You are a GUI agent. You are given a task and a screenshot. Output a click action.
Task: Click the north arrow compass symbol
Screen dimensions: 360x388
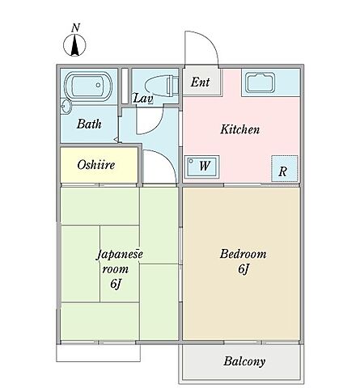click(74, 45)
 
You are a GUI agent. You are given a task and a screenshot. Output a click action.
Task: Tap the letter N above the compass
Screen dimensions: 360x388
click(76, 28)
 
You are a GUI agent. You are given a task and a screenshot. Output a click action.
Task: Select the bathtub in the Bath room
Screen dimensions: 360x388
click(88, 86)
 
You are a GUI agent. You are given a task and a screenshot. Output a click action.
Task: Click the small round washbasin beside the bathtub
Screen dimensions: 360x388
click(66, 107)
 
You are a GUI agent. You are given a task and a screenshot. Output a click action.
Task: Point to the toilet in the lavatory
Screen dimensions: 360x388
click(162, 86)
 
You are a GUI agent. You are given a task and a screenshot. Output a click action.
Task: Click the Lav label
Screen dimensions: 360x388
click(143, 99)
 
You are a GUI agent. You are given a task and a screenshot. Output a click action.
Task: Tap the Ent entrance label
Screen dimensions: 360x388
click(200, 82)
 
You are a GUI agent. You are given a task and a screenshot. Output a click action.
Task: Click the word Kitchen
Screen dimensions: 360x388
click(240, 129)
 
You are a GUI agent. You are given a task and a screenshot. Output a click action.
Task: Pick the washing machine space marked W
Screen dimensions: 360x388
click(201, 166)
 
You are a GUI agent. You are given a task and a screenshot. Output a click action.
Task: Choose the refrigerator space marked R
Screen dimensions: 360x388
click(285, 169)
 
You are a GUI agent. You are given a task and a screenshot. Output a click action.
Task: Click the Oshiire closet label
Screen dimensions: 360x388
click(96, 165)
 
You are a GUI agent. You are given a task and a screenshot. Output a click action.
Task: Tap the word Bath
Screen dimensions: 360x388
click(89, 124)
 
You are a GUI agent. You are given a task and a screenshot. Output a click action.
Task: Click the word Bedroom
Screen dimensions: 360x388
click(243, 254)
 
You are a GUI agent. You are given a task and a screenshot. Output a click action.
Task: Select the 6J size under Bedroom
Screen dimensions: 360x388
click(243, 269)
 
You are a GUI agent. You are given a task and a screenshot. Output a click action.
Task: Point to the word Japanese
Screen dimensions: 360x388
click(120, 254)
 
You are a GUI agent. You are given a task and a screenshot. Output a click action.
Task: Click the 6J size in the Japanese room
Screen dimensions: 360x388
click(115, 284)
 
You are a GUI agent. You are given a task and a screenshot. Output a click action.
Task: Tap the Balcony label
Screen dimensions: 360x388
click(244, 361)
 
